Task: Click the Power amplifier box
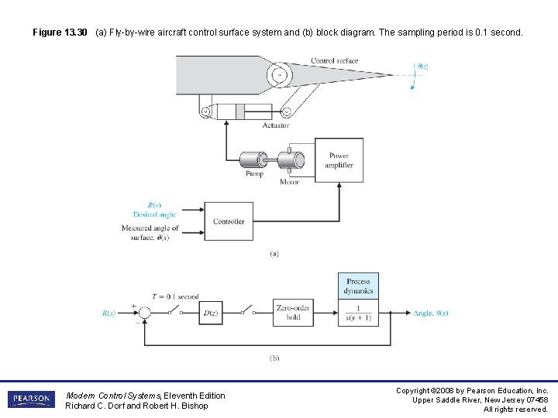(339, 161)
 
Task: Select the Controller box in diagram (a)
(229, 221)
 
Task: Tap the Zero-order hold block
(293, 312)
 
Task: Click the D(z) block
(211, 313)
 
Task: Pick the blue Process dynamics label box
(358, 286)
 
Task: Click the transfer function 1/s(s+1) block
(358, 313)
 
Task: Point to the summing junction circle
(144, 313)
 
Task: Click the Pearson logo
(30, 399)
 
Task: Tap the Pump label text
(254, 174)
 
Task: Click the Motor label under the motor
(289, 182)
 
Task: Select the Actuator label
(275, 125)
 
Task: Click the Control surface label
(334, 61)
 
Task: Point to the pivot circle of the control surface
(279, 75)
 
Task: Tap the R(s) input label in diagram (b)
(108, 313)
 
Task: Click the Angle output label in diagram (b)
(430, 313)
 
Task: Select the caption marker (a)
(274, 253)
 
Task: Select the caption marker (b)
(274, 358)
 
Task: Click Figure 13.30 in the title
(60, 33)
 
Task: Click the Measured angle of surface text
(150, 232)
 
